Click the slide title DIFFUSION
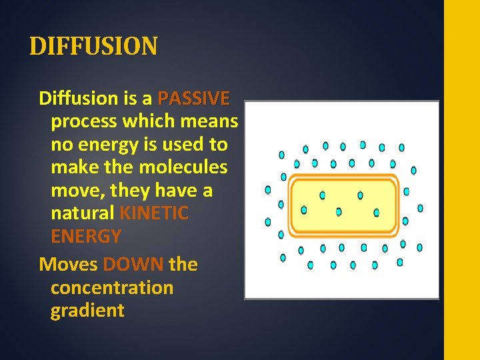pyautogui.click(x=94, y=47)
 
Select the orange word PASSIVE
pyautogui.click(x=193, y=99)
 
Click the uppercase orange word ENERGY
pyautogui.click(x=86, y=237)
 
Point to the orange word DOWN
pyautogui.click(x=133, y=265)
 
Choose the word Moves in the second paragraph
pyautogui.click(x=69, y=265)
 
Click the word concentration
pyautogui.click(x=112, y=288)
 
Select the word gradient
pyautogui.click(x=87, y=311)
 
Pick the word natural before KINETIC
pyautogui.click(x=83, y=213)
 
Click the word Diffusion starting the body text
pyautogui.click(x=78, y=99)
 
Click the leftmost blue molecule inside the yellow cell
pyautogui.click(x=304, y=210)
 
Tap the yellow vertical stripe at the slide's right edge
pyautogui.click(x=461, y=180)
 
